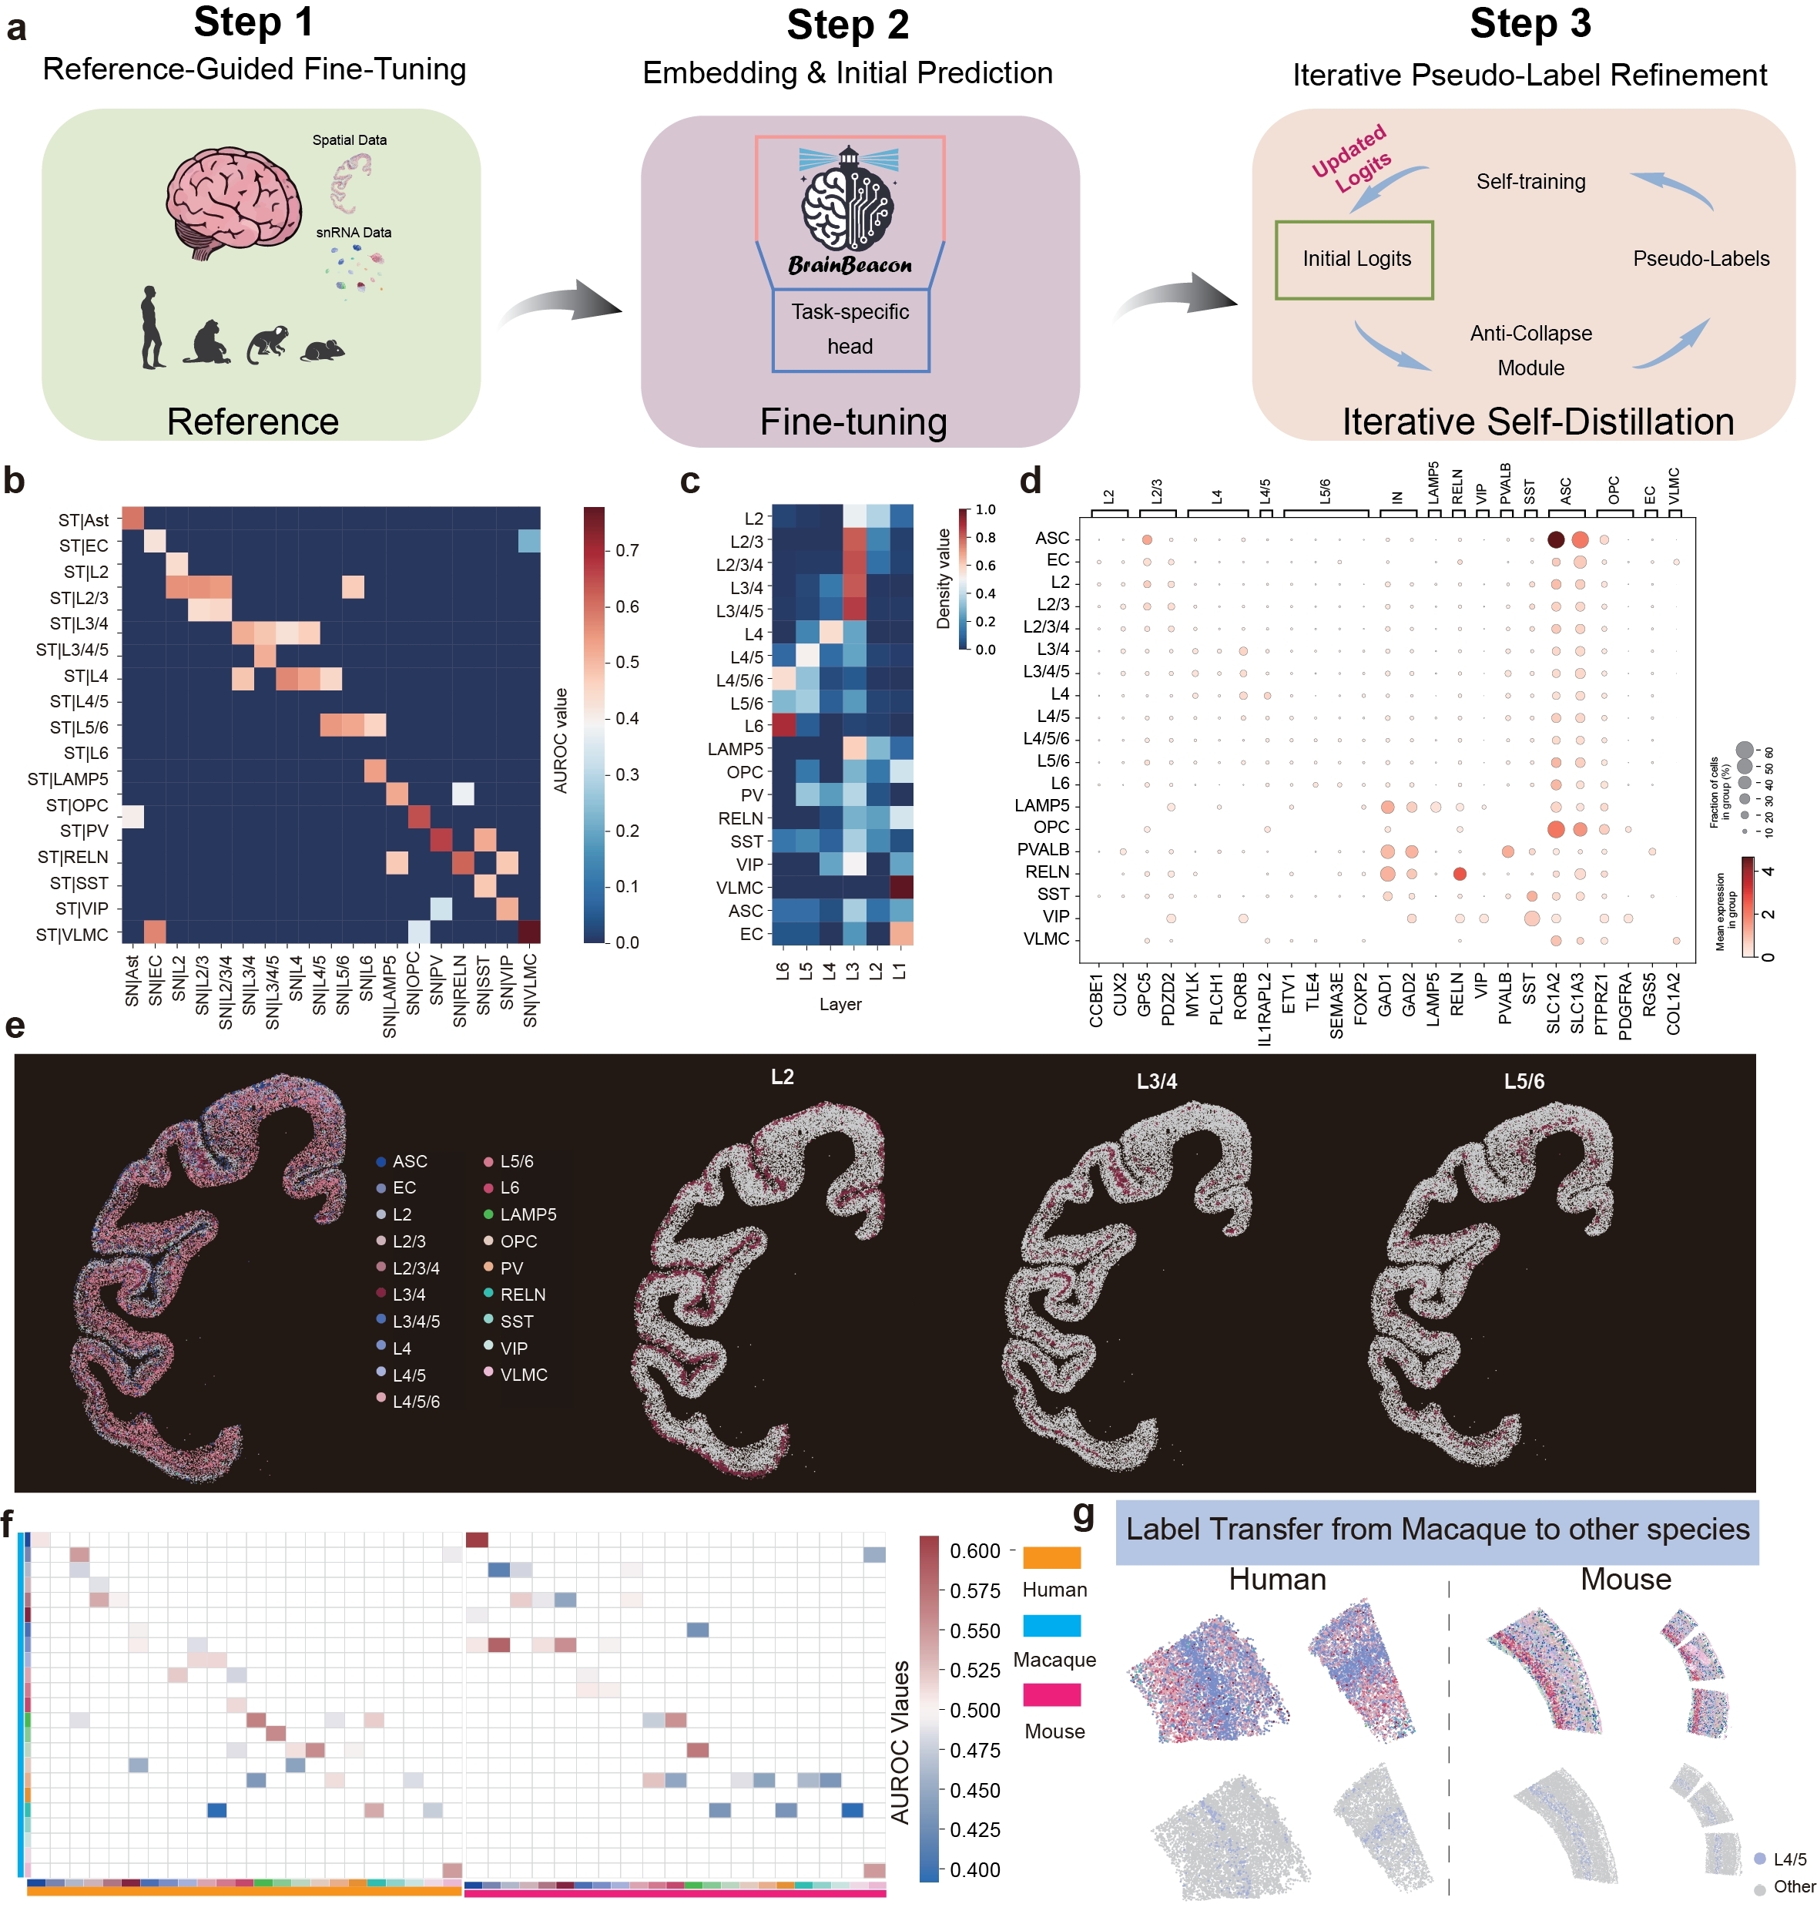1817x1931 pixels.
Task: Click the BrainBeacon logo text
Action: pyautogui.click(x=850, y=265)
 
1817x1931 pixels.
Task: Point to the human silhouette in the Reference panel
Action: pyautogui.click(x=152, y=327)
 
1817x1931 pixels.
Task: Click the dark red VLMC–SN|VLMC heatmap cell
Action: pyautogui.click(x=529, y=931)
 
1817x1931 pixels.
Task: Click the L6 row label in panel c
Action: pyautogui.click(x=753, y=726)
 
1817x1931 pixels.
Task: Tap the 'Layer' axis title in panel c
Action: pyautogui.click(x=840, y=1003)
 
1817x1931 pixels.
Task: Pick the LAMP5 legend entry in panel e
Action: pyautogui.click(x=520, y=1214)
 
